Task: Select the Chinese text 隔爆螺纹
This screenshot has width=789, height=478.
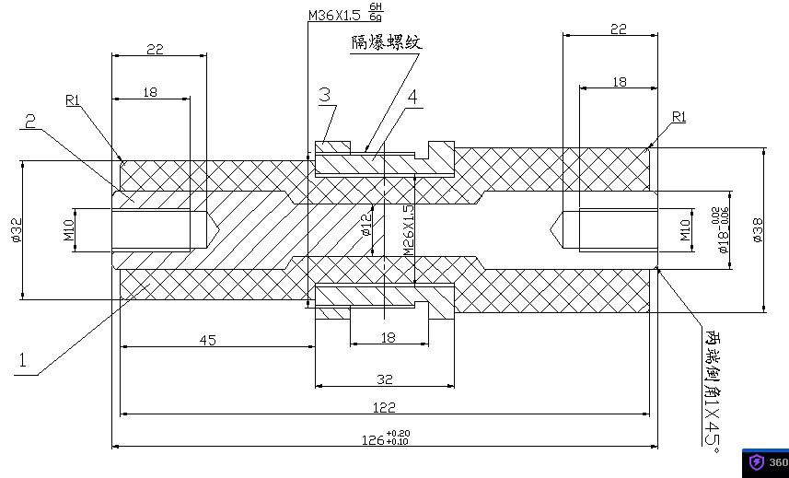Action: point(387,42)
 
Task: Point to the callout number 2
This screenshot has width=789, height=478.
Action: point(30,122)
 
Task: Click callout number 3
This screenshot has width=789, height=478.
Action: point(325,94)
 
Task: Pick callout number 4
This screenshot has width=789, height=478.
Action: point(412,97)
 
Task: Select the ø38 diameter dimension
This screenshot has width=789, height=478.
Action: point(757,230)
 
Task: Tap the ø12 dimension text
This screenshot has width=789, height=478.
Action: point(366,224)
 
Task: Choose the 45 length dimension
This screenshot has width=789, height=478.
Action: point(207,340)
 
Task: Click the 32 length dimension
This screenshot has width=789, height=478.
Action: point(385,379)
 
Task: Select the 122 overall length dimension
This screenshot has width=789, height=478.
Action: point(384,407)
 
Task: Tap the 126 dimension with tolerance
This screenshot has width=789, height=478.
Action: point(379,438)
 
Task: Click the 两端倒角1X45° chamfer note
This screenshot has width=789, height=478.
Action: point(712,387)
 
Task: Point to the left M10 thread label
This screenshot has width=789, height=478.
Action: point(69,230)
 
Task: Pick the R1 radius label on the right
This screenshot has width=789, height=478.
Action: point(679,117)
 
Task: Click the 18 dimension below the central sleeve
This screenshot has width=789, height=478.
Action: point(388,337)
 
